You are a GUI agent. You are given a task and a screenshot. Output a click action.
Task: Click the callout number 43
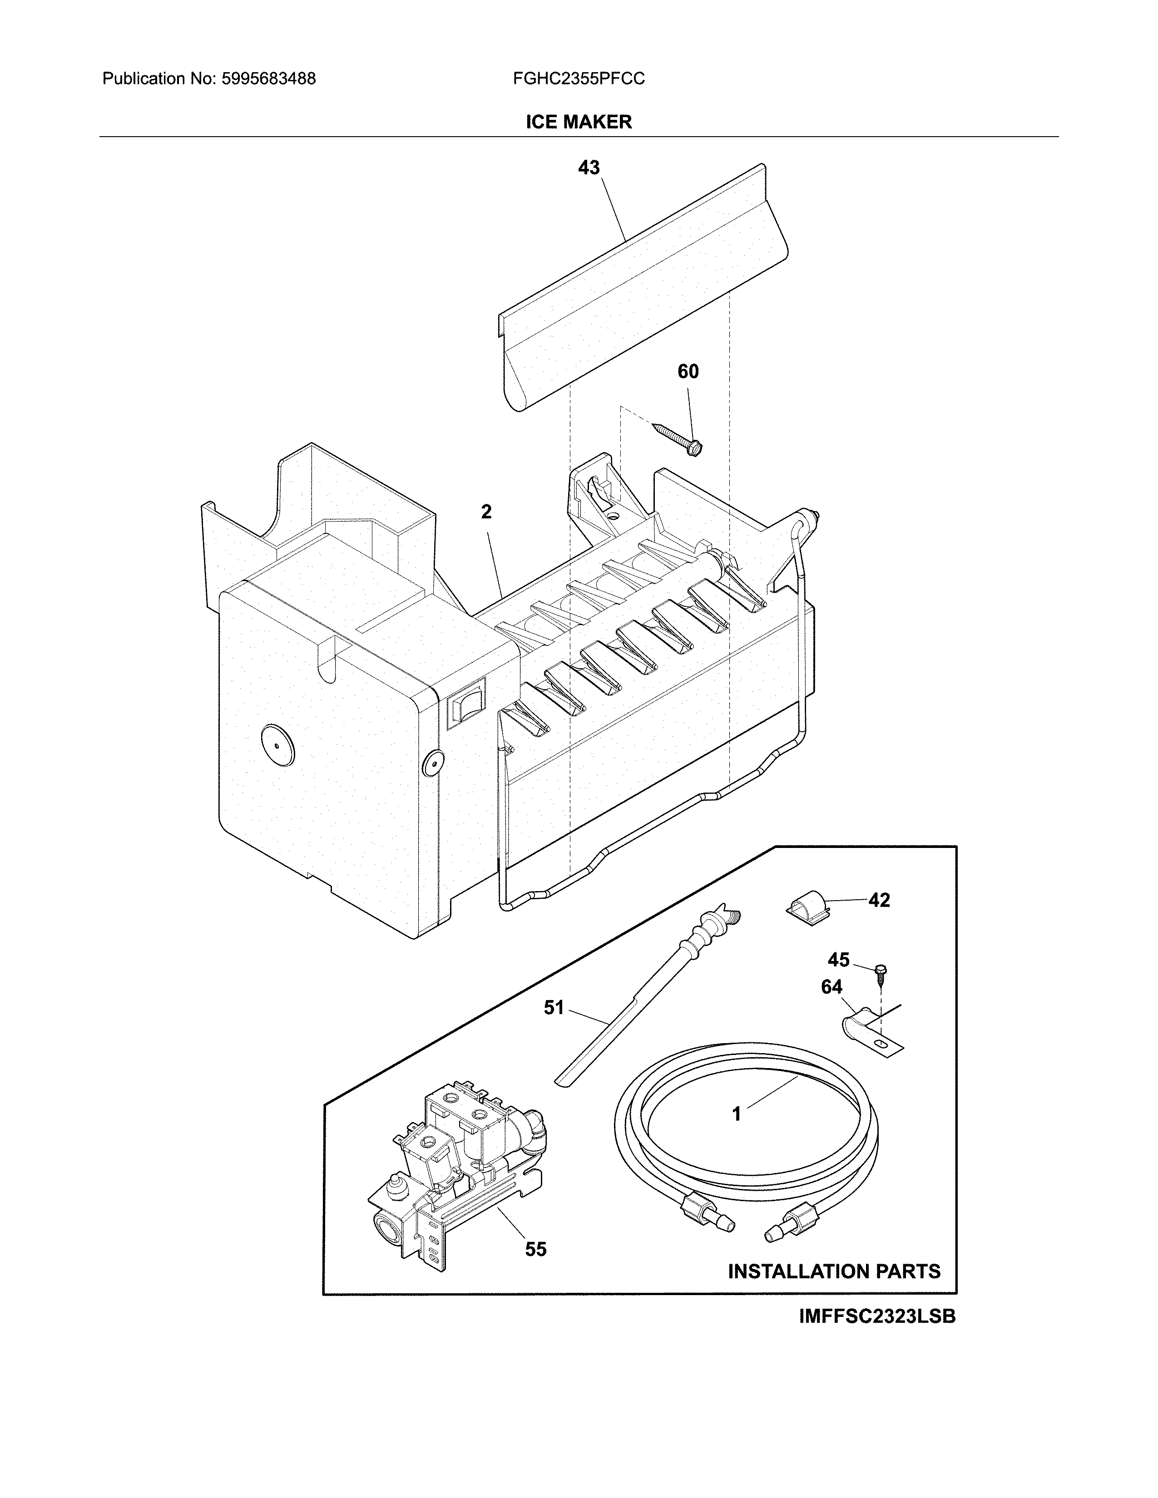[x=589, y=168]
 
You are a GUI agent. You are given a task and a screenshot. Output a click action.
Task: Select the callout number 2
[x=486, y=512]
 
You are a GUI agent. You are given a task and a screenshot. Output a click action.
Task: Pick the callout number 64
[x=831, y=987]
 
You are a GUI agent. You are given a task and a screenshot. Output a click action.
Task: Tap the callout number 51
[x=554, y=1008]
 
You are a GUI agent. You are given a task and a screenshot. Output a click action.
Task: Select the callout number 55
[x=536, y=1249]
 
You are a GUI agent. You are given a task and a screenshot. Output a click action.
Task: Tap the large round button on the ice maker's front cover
[x=277, y=744]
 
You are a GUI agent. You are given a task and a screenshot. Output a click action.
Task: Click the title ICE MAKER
[x=578, y=122]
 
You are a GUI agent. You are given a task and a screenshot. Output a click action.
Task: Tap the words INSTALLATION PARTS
[x=833, y=1271]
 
